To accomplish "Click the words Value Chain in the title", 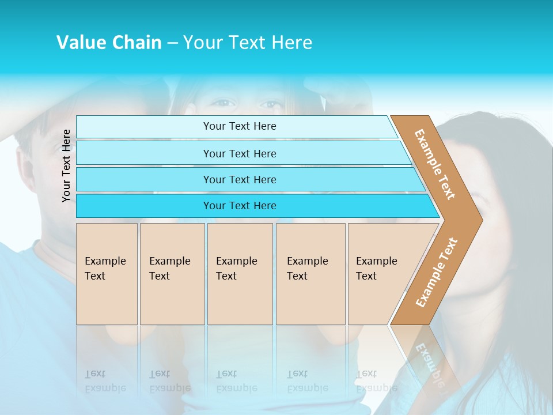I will click(x=109, y=43).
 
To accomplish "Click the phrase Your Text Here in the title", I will click(x=248, y=43).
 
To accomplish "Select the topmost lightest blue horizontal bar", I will click(x=239, y=126).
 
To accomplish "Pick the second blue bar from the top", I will click(x=239, y=153).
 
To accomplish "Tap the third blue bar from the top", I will click(x=239, y=179).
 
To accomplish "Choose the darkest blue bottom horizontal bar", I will click(x=239, y=206).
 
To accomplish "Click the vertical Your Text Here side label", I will click(x=66, y=165).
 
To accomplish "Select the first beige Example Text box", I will click(x=107, y=274).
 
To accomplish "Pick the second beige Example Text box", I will click(x=172, y=274).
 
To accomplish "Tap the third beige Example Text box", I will click(x=240, y=274).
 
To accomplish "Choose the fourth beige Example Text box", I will click(x=310, y=274).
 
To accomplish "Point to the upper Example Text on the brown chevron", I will click(x=435, y=164).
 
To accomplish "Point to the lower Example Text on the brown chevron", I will click(x=437, y=273).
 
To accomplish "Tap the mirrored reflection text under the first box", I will click(x=105, y=381).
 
